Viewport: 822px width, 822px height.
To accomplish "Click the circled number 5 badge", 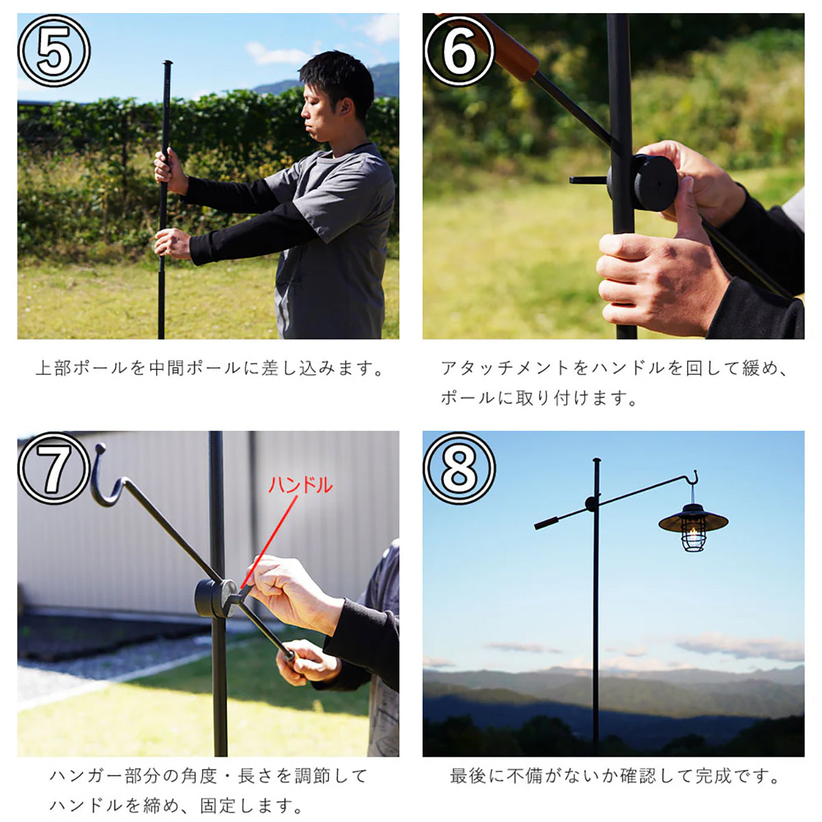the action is pos(53,50).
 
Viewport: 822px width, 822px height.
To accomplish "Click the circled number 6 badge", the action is pos(459,50).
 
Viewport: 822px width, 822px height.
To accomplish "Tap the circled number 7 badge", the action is pos(53,468).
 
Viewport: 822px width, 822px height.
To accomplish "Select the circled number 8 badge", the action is pos(459,468).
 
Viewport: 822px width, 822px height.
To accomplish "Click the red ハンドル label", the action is pos(300,485).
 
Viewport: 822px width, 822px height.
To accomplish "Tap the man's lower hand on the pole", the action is pos(173,243).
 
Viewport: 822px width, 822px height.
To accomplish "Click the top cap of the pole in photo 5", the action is pos(168,63).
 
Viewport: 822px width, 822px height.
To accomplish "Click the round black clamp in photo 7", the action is pos(216,598).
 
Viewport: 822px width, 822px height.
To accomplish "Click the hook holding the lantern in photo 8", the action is pos(694,479).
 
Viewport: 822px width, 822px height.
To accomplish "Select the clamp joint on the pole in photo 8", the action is pos(592,503).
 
